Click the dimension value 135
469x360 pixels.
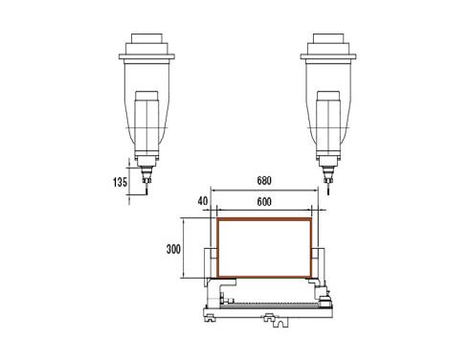[120, 182]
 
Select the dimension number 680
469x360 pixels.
[264, 181]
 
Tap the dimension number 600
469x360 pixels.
[264, 202]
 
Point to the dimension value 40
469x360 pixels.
[203, 201]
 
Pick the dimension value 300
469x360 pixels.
[173, 249]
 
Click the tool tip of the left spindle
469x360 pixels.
[146, 193]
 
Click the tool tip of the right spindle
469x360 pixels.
[328, 193]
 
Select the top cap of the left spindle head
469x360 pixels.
[146, 38]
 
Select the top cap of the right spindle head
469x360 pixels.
[328, 38]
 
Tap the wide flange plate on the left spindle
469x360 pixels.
[146, 56]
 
